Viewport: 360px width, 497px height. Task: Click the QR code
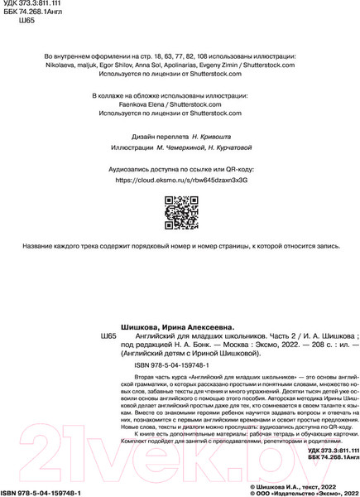180,212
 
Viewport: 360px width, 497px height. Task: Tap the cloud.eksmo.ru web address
180,179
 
